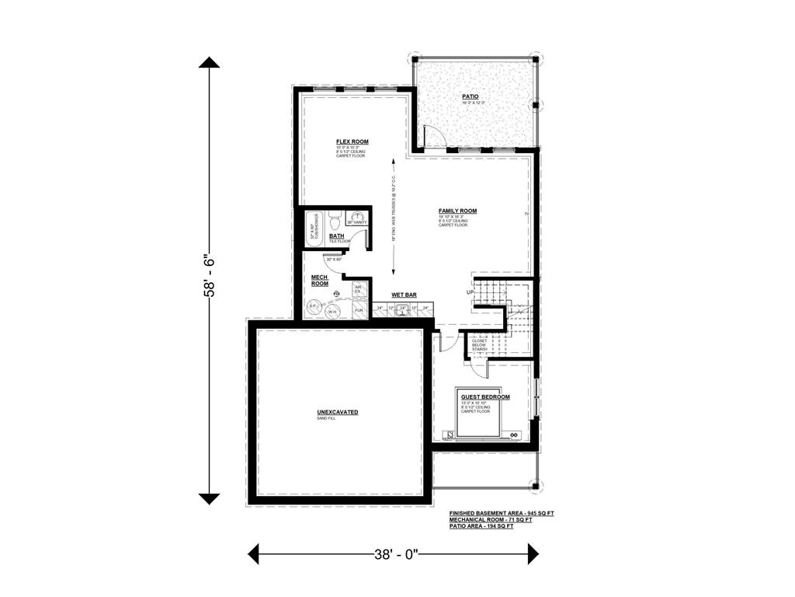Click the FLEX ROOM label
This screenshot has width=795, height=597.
tap(352, 141)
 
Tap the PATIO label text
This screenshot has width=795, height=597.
tap(470, 97)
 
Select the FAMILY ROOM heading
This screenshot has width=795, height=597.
tap(457, 211)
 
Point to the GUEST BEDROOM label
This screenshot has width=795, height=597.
tap(485, 397)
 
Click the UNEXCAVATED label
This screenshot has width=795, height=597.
tap(337, 412)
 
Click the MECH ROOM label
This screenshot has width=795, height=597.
tap(320, 281)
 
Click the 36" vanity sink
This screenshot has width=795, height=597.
tap(357, 218)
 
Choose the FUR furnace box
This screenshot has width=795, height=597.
tap(359, 310)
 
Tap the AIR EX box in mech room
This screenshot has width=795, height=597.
tap(359, 289)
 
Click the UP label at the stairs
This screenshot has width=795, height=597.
tap(470, 292)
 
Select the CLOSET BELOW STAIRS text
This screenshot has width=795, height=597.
tap(480, 345)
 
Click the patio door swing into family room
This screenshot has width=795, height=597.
tap(435, 138)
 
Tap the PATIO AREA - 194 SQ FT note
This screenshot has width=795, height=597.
tap(481, 527)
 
